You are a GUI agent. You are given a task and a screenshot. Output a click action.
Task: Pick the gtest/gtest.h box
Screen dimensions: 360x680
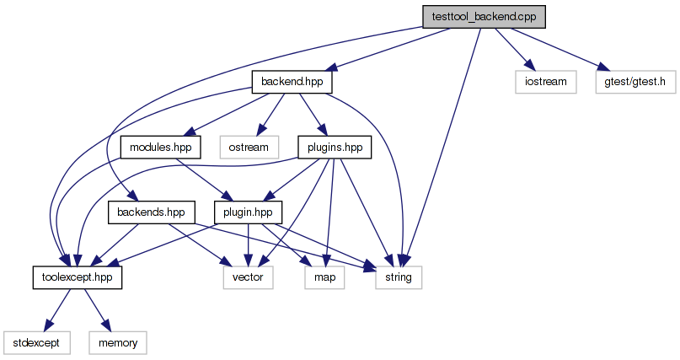tap(635, 82)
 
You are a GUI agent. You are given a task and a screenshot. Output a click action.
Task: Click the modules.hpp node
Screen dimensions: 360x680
tap(160, 147)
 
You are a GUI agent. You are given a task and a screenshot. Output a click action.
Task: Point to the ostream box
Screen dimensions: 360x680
tap(249, 147)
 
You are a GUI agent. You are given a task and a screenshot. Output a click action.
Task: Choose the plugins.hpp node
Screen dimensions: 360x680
tap(335, 147)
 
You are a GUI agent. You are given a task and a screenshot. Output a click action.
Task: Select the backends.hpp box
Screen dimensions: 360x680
tap(152, 212)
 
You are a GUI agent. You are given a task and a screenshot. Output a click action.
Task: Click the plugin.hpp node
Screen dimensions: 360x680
tap(248, 212)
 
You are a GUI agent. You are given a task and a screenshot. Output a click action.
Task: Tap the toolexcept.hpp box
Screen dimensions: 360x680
tap(78, 277)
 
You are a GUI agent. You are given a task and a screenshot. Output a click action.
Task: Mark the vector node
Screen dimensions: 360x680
tap(248, 277)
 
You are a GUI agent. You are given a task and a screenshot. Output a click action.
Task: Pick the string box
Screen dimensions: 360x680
tap(399, 277)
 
